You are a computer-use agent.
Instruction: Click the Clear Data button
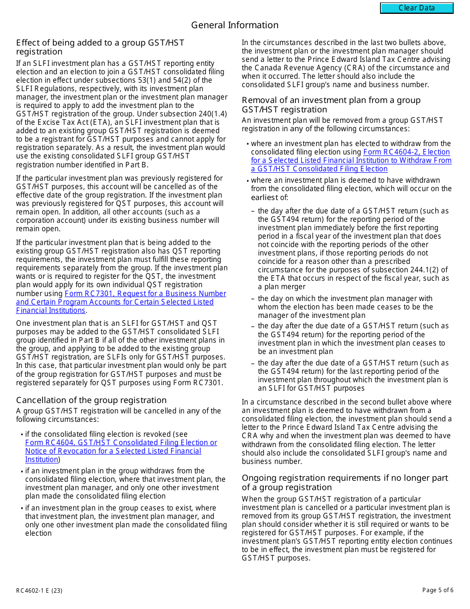click(x=417, y=8)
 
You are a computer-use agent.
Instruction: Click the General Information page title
click(x=235, y=25)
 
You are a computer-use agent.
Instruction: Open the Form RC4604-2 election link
click(x=351, y=160)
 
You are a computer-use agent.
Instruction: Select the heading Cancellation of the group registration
click(x=91, y=400)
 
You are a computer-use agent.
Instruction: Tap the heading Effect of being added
click(x=100, y=47)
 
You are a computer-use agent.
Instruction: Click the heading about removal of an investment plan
click(x=330, y=104)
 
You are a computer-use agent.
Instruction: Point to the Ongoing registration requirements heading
click(x=344, y=482)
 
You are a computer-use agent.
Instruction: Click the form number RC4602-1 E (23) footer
click(x=39, y=590)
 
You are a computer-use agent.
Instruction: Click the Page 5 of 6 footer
click(x=437, y=590)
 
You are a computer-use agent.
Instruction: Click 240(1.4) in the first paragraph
click(x=212, y=113)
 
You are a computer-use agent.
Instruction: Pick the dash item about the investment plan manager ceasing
click(x=345, y=307)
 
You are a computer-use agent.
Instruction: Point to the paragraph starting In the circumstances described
click(x=346, y=63)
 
